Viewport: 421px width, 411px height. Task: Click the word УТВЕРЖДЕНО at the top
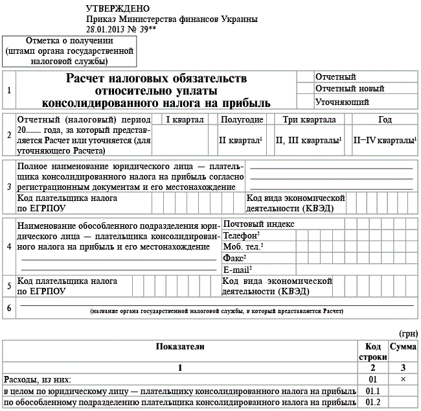(x=117, y=8)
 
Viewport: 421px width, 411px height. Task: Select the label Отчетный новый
(x=349, y=89)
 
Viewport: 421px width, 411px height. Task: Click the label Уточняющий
(x=342, y=102)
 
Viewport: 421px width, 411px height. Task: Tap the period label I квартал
(x=185, y=120)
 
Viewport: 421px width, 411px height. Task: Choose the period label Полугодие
(x=242, y=120)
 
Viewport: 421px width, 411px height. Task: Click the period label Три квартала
(x=309, y=120)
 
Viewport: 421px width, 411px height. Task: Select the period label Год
(x=385, y=120)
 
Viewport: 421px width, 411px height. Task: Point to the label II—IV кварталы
(x=384, y=140)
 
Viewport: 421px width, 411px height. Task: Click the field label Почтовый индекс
(x=258, y=224)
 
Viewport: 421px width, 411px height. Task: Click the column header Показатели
(x=180, y=347)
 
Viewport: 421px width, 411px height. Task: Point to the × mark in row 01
(x=402, y=379)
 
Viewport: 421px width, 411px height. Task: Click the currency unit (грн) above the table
(x=408, y=333)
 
